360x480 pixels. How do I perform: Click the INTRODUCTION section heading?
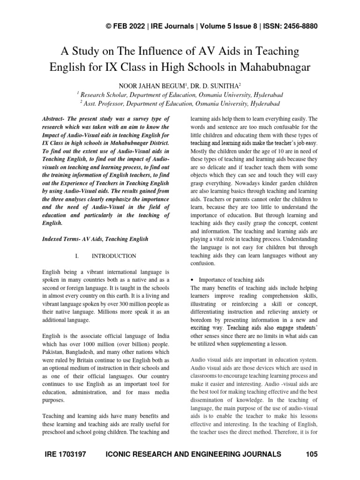coord(114,256)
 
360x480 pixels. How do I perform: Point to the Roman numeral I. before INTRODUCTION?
coord(72,256)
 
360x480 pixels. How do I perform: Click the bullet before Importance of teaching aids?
coord(193,280)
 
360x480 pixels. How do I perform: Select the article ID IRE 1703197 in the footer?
coord(66,454)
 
